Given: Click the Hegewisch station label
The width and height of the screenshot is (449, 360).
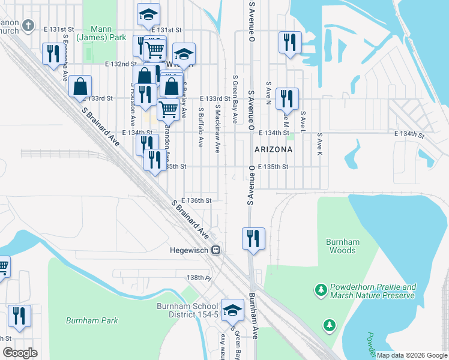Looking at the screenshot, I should (188, 251).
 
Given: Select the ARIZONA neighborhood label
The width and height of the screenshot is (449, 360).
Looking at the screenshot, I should (273, 149).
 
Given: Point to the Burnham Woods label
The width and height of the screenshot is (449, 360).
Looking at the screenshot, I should (342, 246).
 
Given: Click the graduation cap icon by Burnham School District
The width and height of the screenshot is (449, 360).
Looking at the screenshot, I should (232, 310).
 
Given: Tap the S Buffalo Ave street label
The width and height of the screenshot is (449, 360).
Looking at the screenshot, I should (202, 126).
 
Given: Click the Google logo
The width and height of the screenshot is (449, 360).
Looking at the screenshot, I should (20, 353).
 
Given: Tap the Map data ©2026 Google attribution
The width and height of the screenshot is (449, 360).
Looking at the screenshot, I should (412, 355).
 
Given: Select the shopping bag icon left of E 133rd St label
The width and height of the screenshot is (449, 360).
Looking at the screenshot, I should (80, 86).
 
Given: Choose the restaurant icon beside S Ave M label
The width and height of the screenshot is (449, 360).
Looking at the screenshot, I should (287, 98).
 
